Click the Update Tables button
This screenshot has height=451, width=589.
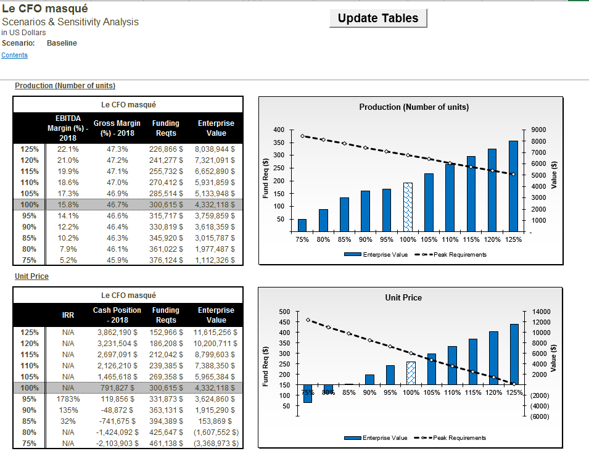click(378, 18)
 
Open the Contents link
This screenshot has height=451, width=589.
click(14, 56)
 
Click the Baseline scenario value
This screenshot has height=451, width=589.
click(62, 43)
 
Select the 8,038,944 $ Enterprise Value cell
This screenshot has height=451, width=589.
click(215, 149)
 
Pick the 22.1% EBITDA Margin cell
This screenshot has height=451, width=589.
click(68, 149)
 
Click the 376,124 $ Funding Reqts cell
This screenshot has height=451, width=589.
click(166, 260)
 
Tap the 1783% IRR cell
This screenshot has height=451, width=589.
click(68, 399)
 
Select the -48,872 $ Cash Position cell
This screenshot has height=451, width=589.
click(120, 410)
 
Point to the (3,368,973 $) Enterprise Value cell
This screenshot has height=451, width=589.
click(216, 444)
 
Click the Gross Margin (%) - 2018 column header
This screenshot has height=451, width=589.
click(117, 128)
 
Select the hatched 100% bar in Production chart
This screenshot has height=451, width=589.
click(408, 207)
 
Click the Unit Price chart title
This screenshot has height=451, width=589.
click(403, 298)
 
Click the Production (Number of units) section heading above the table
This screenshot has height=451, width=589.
click(65, 86)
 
